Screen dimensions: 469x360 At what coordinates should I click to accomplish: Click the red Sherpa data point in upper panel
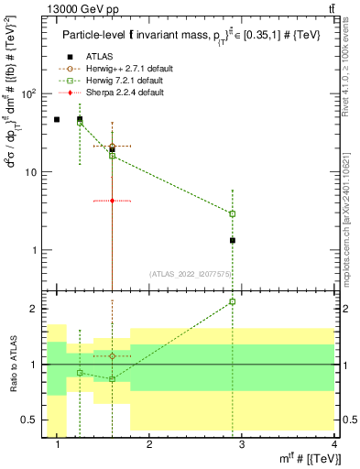(x=112, y=200)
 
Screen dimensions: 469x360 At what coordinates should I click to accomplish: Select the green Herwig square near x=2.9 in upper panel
(x=233, y=213)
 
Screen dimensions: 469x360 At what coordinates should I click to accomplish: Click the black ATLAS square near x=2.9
(x=233, y=240)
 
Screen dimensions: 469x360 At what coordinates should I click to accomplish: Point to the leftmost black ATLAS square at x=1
(x=57, y=119)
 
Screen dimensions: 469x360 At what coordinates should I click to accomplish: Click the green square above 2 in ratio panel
(x=233, y=301)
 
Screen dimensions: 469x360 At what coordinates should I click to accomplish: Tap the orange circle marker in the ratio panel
(x=112, y=355)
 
